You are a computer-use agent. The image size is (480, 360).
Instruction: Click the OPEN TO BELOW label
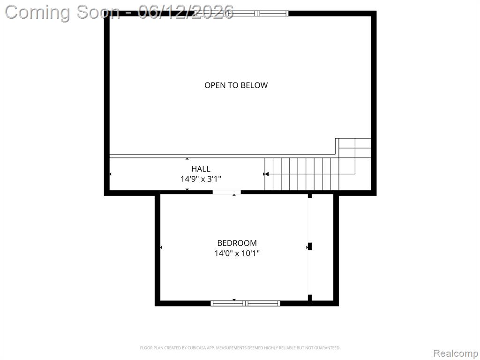click(236, 85)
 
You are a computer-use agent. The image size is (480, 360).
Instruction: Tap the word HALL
click(201, 169)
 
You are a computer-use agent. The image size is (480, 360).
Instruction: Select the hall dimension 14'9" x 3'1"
click(201, 179)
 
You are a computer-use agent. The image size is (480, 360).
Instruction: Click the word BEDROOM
click(237, 243)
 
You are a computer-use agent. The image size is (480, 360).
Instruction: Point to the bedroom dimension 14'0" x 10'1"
click(237, 253)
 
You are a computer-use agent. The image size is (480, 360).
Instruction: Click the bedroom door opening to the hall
click(227, 192)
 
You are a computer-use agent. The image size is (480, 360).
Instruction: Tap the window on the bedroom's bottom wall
click(246, 303)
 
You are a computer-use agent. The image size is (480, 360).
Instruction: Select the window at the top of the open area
click(241, 13)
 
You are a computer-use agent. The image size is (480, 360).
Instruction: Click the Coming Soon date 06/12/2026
click(186, 12)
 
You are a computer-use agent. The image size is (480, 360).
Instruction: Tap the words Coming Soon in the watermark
click(62, 13)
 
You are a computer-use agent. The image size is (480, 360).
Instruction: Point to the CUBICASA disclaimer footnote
click(240, 348)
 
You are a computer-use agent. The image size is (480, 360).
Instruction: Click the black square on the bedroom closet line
click(309, 247)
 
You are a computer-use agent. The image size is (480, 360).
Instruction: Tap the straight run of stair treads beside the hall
click(302, 174)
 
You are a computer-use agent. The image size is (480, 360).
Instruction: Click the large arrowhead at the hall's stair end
click(266, 174)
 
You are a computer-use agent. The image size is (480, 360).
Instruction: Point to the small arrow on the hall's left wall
click(110, 174)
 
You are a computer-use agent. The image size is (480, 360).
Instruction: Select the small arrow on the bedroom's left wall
click(161, 247)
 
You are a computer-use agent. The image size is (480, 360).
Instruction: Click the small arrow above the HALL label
click(187, 158)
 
